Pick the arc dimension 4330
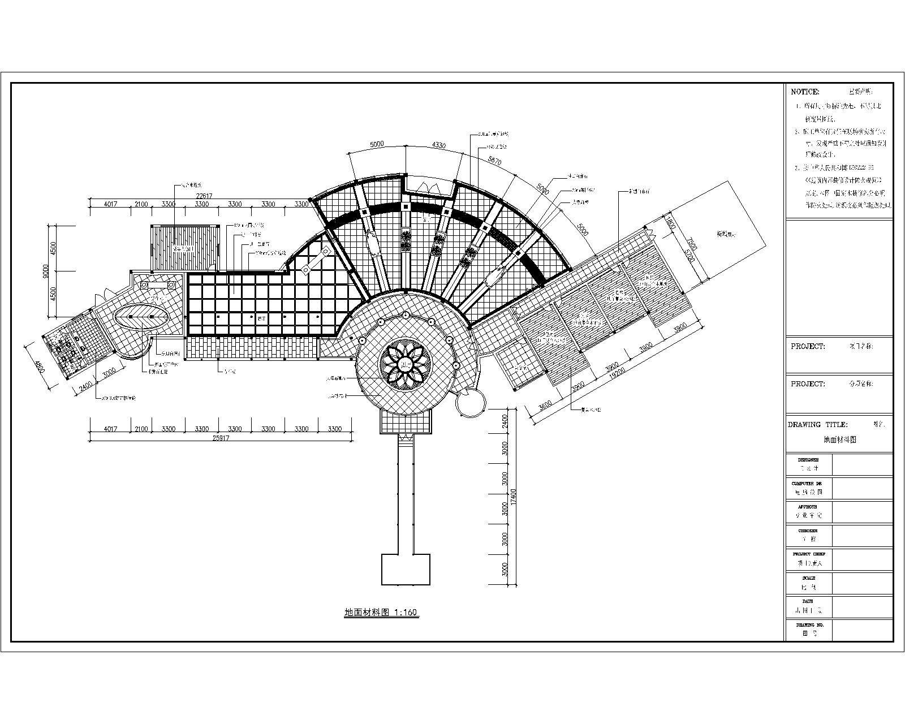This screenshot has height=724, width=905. click(438, 146)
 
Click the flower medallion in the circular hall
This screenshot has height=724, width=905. click(405, 364)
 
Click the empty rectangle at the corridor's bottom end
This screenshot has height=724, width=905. click(406, 569)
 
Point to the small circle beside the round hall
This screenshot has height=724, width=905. click(470, 403)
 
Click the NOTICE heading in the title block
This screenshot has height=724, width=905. click(804, 92)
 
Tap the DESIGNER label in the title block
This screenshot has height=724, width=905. click(808, 460)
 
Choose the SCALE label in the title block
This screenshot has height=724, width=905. click(808, 578)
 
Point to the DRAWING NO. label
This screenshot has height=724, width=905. click(810, 625)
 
